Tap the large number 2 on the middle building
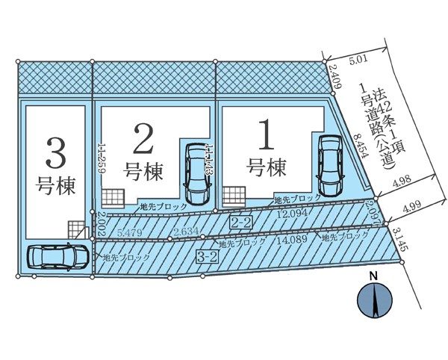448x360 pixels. (143, 140)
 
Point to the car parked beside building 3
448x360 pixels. (56, 257)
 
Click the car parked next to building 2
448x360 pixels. (198, 172)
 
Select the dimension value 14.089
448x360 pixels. (297, 240)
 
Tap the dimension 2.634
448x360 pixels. (184, 232)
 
